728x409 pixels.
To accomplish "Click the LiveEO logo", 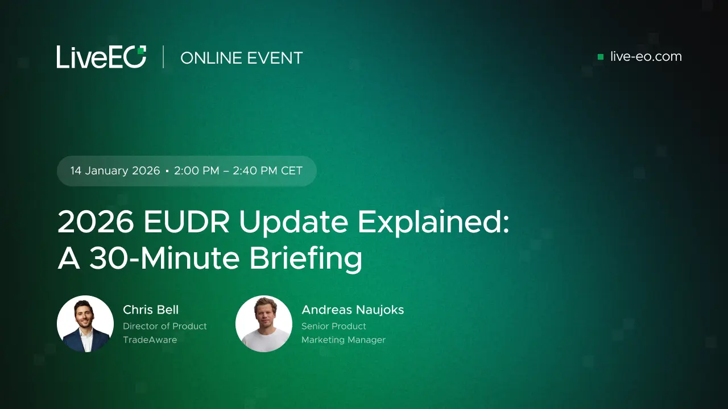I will point(101,57).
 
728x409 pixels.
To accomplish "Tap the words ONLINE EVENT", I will point(241,58).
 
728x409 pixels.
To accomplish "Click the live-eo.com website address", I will point(646,57).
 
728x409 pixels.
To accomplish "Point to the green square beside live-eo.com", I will point(601,57).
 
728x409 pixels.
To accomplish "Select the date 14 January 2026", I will point(115,171).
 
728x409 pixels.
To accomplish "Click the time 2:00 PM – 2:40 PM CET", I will point(238,171).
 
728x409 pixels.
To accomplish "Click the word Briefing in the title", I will point(305,258).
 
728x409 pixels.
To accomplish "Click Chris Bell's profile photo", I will point(85,324).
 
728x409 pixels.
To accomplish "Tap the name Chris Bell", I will point(151,310).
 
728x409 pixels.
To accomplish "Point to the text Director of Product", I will point(165,326).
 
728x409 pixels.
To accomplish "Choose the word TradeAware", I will point(150,340).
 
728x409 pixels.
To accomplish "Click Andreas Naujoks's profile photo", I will point(264,324).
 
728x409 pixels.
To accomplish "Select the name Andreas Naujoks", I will point(353,310).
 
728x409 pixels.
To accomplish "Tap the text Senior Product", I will point(334,326).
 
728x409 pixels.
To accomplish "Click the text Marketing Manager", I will point(344,340).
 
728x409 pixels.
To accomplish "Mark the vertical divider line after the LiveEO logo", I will point(163,57).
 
